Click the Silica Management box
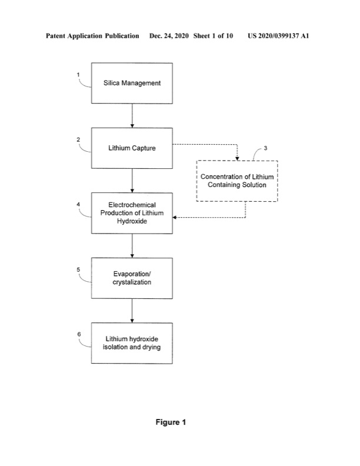[132, 83]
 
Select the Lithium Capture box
[132, 148]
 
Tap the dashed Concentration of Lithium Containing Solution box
[237, 181]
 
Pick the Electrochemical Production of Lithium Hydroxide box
[132, 213]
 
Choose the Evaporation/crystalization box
[132, 278]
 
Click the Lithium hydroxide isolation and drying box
[132, 343]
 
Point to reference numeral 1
[79, 74]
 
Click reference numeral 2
[79, 139]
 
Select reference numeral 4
[79, 204]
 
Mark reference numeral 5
[79, 269]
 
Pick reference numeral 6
[79, 334]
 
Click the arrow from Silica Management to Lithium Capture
[132, 116]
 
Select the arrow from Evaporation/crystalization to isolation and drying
[132, 311]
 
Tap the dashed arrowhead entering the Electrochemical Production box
[175, 218]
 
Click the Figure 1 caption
[171, 422]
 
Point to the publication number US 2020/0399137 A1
[278, 36]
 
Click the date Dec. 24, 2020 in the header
[169, 36]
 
